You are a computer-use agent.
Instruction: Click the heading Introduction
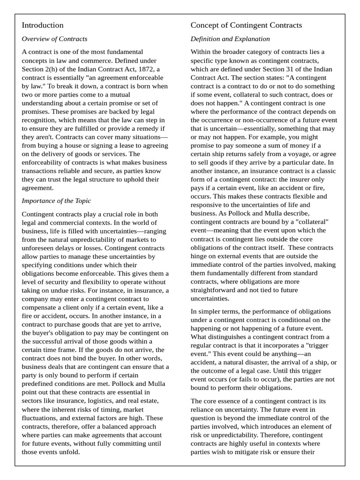tap(43, 25)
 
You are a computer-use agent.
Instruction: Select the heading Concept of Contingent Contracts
tap(246, 25)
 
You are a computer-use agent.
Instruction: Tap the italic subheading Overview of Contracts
tap(54, 39)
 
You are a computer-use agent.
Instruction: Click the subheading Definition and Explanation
tap(230, 39)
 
